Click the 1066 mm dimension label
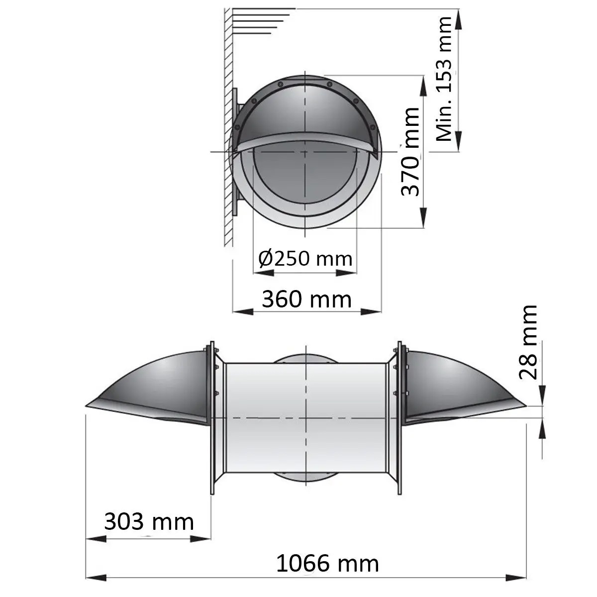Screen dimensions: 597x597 pyautogui.click(x=327, y=564)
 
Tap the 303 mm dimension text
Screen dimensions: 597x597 pyautogui.click(x=149, y=522)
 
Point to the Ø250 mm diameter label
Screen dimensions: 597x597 pyautogui.click(x=305, y=258)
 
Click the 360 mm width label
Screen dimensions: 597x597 pyautogui.click(x=306, y=299)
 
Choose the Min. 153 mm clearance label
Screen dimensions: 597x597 pyautogui.click(x=444, y=79)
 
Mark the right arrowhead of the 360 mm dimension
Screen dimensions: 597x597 pyautogui.click(x=371, y=311)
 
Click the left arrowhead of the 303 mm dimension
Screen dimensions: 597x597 pyautogui.click(x=96, y=538)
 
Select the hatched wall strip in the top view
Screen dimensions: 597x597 pyautogui.click(x=228, y=124)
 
